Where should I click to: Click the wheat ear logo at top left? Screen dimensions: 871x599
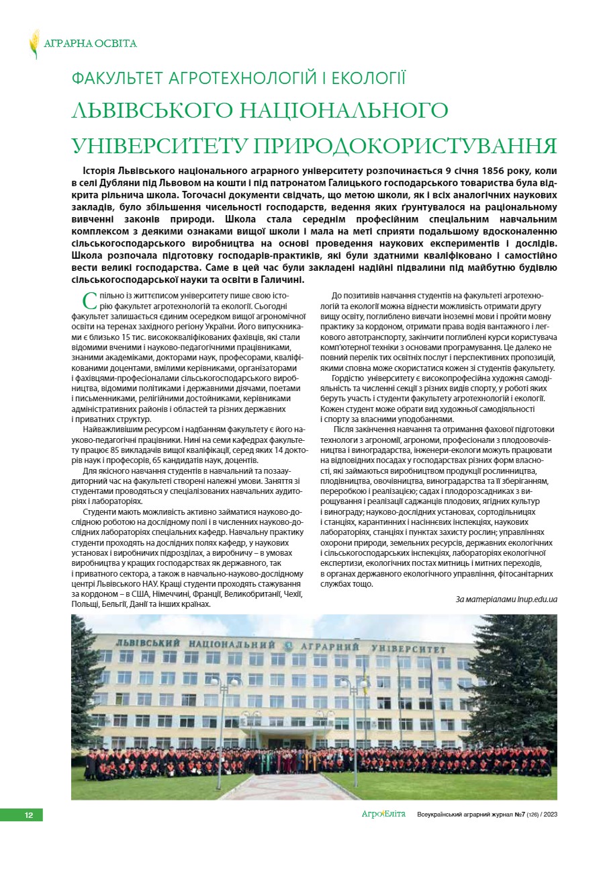tap(34, 44)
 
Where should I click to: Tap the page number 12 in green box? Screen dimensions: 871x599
tap(29, 815)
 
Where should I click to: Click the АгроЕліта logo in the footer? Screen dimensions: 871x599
tap(383, 815)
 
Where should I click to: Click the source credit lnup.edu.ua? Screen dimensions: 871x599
tap(535, 599)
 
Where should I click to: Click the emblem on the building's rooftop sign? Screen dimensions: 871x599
tap(288, 646)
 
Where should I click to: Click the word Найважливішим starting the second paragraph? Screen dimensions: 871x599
tap(111, 429)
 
